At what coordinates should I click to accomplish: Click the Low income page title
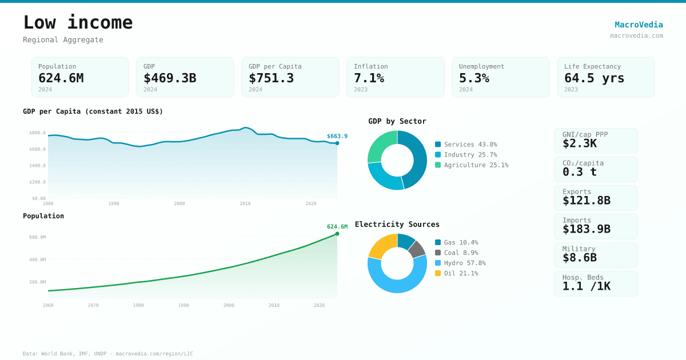pyautogui.click(x=78, y=23)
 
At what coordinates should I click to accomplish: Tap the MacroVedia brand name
pyautogui.click(x=639, y=25)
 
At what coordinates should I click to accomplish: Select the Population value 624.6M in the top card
pyautogui.click(x=61, y=78)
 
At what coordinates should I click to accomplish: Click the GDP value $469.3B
pyautogui.click(x=170, y=78)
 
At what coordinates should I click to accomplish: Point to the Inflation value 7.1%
pyautogui.click(x=369, y=78)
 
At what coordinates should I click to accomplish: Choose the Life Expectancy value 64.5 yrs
pyautogui.click(x=594, y=78)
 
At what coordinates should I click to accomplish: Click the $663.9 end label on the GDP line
pyautogui.click(x=337, y=136)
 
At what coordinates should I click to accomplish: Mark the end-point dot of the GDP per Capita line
pyautogui.click(x=337, y=143)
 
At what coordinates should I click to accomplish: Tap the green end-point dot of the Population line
pyautogui.click(x=337, y=234)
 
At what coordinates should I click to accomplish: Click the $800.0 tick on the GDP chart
pyautogui.click(x=37, y=133)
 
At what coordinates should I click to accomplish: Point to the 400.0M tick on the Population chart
pyautogui.click(x=37, y=259)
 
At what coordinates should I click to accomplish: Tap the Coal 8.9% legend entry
pyautogui.click(x=461, y=253)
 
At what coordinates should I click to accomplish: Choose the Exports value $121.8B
pyautogui.click(x=586, y=201)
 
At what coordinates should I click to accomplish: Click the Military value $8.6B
pyautogui.click(x=579, y=258)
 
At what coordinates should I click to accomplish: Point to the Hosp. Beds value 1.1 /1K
pyautogui.click(x=586, y=286)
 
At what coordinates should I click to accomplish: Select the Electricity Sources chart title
pyautogui.click(x=397, y=224)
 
